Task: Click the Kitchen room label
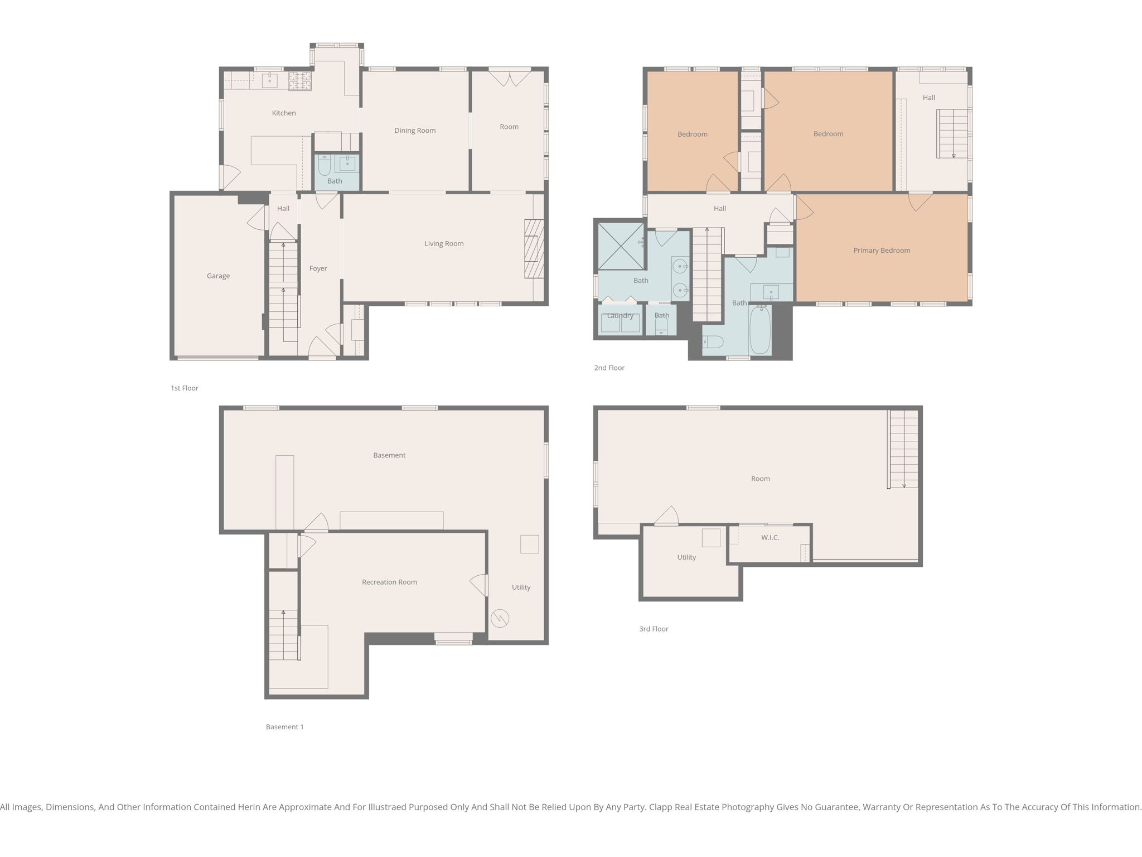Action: coord(283,113)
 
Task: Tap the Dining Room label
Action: coord(415,131)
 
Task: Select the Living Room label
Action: coord(444,244)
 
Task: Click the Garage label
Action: coord(218,276)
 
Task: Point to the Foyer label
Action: coord(318,268)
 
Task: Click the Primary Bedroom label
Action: coord(881,251)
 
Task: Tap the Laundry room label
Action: coord(620,316)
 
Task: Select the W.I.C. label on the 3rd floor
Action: coord(770,537)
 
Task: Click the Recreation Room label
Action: coord(389,582)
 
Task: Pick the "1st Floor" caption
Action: coord(184,388)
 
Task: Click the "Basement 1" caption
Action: coord(284,726)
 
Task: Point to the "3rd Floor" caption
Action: coord(654,629)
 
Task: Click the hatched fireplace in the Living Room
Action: coord(534,249)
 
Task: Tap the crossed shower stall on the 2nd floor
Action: coord(621,245)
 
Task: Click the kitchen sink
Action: coord(269,80)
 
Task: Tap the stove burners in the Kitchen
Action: coord(300,81)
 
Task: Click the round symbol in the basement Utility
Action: coord(500,618)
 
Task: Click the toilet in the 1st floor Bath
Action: coord(324,165)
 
